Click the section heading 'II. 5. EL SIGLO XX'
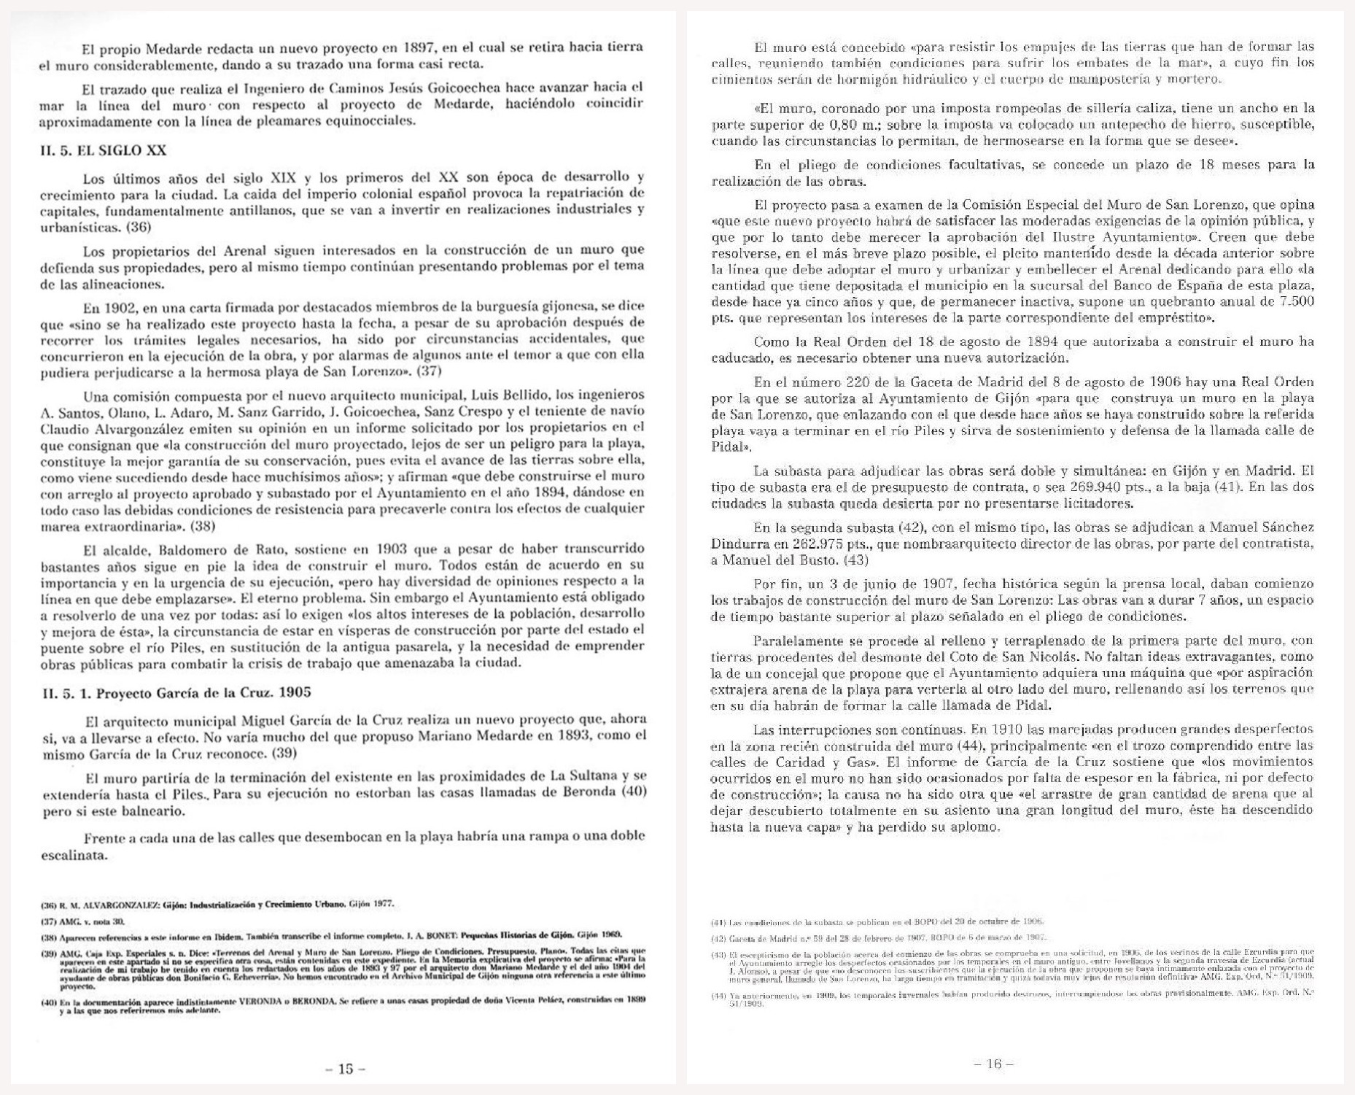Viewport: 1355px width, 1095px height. [103, 151]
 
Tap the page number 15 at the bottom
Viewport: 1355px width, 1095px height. [345, 1069]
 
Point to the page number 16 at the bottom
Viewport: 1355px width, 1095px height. [994, 1064]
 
